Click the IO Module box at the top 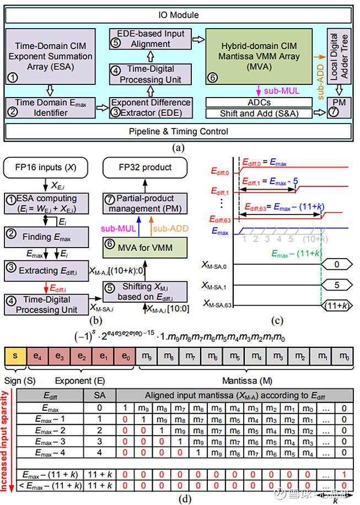179,14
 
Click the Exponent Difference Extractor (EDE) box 150,107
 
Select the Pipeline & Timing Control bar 179,132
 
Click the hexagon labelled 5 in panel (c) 336,285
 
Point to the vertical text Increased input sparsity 7,440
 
